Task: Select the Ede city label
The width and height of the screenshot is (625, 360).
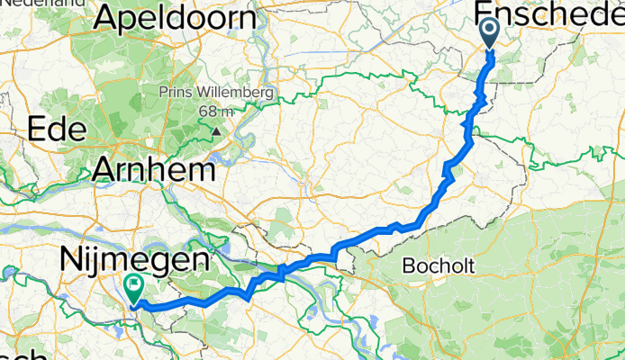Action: (56, 130)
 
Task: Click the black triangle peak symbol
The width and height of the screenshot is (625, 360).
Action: (216, 131)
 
